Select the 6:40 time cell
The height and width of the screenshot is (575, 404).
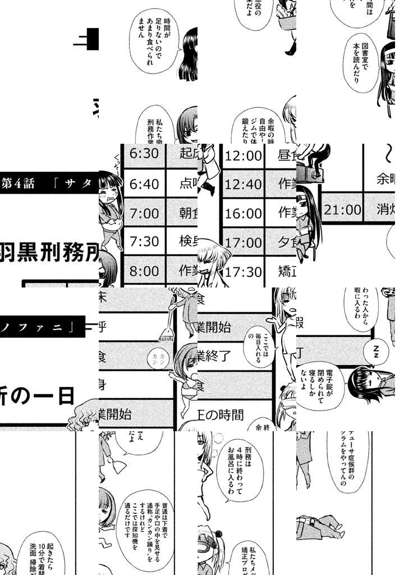144,184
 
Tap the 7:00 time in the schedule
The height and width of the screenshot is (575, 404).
144,213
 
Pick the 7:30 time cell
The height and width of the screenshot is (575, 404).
144,242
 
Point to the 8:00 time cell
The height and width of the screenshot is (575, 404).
144,271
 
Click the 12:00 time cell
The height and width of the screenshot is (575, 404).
244,154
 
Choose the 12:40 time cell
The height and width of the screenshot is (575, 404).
244,184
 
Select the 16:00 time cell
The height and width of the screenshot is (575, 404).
244,213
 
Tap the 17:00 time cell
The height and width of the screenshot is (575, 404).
244,242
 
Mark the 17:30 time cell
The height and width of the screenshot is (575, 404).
244,271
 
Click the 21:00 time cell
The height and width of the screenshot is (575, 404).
343,210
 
